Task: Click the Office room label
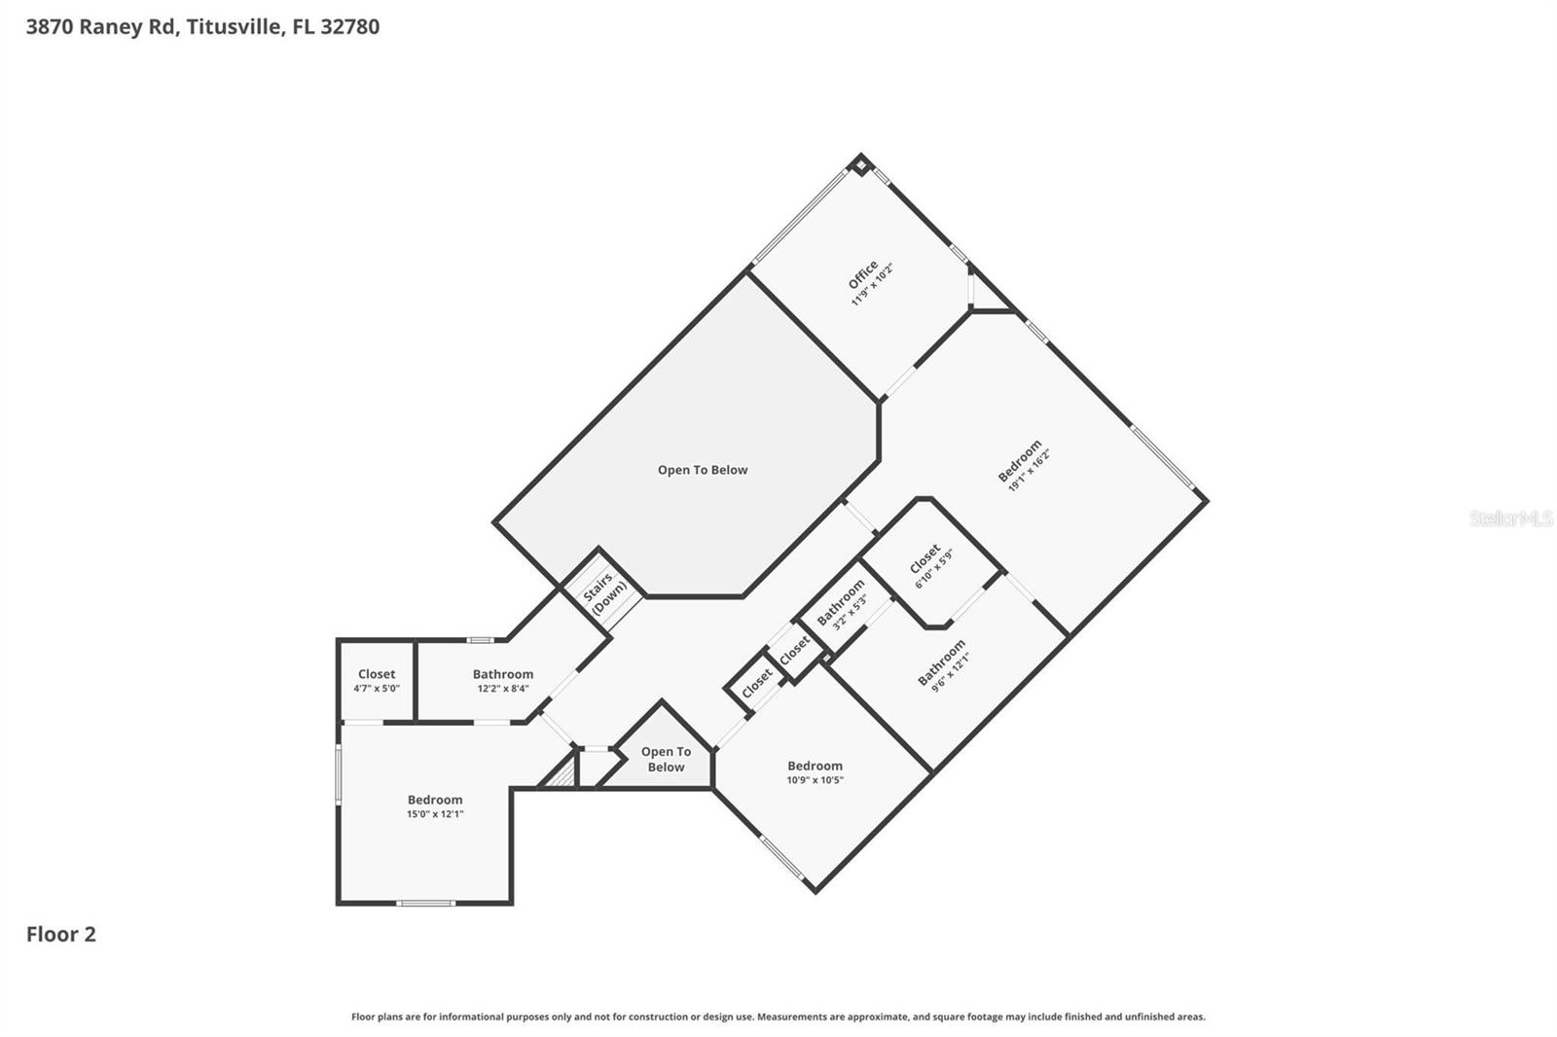pyautogui.click(x=863, y=274)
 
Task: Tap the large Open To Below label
pyautogui.click(x=703, y=470)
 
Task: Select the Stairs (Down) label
pyautogui.click(x=603, y=591)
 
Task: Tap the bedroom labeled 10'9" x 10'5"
pyautogui.click(x=815, y=772)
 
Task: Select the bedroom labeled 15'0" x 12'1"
pyautogui.click(x=435, y=806)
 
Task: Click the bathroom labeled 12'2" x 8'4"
pyautogui.click(x=503, y=681)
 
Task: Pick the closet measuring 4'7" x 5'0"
pyautogui.click(x=377, y=681)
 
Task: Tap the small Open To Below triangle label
pyautogui.click(x=666, y=759)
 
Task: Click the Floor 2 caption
pyautogui.click(x=61, y=935)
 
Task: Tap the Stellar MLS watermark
pyautogui.click(x=1510, y=518)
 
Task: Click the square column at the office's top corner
pyautogui.click(x=860, y=164)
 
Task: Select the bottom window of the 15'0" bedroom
pyautogui.click(x=425, y=903)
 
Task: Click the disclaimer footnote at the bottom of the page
pyautogui.click(x=778, y=1017)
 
